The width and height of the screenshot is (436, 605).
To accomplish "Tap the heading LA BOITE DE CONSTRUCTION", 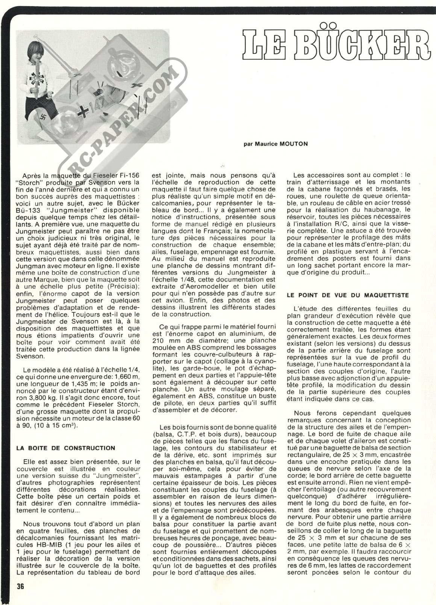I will pyautogui.click(x=66, y=448).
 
